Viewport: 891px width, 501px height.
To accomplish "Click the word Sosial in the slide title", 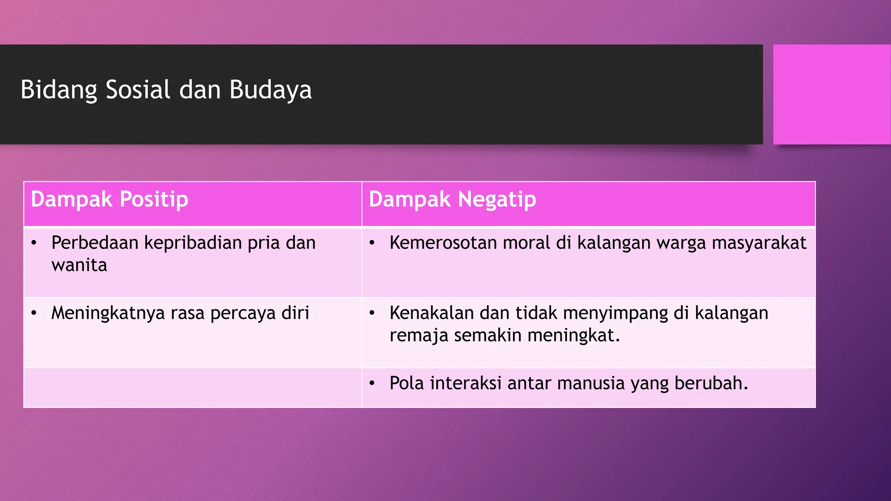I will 138,90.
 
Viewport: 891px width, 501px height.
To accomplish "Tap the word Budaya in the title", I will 270,90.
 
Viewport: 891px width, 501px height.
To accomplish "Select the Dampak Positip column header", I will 110,200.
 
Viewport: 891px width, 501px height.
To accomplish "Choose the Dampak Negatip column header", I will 452,200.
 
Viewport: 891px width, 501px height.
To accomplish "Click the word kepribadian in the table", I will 193,243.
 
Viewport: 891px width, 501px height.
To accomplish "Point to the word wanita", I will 79,265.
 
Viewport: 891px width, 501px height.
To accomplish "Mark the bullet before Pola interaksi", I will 372,384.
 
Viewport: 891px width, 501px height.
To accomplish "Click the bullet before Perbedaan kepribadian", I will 34,243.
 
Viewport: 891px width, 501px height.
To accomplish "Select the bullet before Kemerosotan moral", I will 372,243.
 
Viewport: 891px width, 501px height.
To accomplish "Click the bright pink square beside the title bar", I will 831,94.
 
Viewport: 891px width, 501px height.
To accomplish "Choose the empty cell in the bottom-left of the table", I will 192,388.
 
